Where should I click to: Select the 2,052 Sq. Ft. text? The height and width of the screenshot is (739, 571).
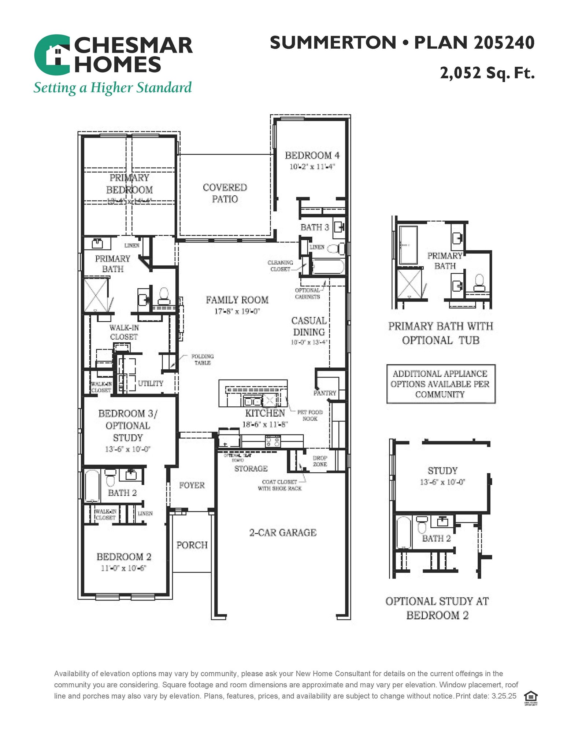point(487,73)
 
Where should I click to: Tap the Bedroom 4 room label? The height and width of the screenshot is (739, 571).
point(312,155)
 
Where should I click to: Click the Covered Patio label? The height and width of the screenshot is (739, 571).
point(225,193)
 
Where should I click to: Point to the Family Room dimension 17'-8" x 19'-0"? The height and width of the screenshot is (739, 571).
point(237,311)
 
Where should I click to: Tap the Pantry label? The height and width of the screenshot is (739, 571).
point(325,393)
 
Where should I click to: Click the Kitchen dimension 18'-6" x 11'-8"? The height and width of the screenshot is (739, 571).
point(265,424)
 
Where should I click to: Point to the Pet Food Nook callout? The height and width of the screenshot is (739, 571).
point(310,415)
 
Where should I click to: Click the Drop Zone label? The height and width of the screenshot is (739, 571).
point(320,461)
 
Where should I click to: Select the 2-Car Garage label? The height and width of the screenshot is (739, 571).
point(283,532)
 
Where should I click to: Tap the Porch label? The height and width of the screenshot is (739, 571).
point(192,545)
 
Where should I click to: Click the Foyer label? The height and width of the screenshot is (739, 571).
point(192,485)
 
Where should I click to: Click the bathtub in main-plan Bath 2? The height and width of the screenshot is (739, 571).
point(92,486)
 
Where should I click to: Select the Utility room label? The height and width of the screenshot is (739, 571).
point(151,383)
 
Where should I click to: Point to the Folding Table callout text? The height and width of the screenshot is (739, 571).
point(202,359)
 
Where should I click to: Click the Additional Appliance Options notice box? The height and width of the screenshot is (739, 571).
point(441,384)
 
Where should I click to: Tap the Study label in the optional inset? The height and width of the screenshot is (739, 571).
point(442,470)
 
